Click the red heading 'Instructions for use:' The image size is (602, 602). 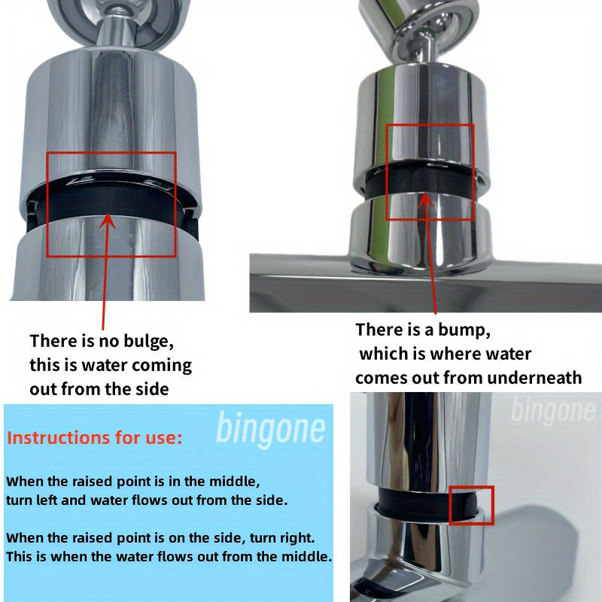click(95, 438)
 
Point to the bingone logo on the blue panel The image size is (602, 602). click(271, 428)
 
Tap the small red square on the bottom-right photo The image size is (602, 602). click(471, 505)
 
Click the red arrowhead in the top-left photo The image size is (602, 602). click(108, 220)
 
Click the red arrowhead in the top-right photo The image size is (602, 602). click(424, 199)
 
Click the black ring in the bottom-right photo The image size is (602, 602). click(426, 501)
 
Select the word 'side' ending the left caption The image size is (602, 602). click(152, 389)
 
